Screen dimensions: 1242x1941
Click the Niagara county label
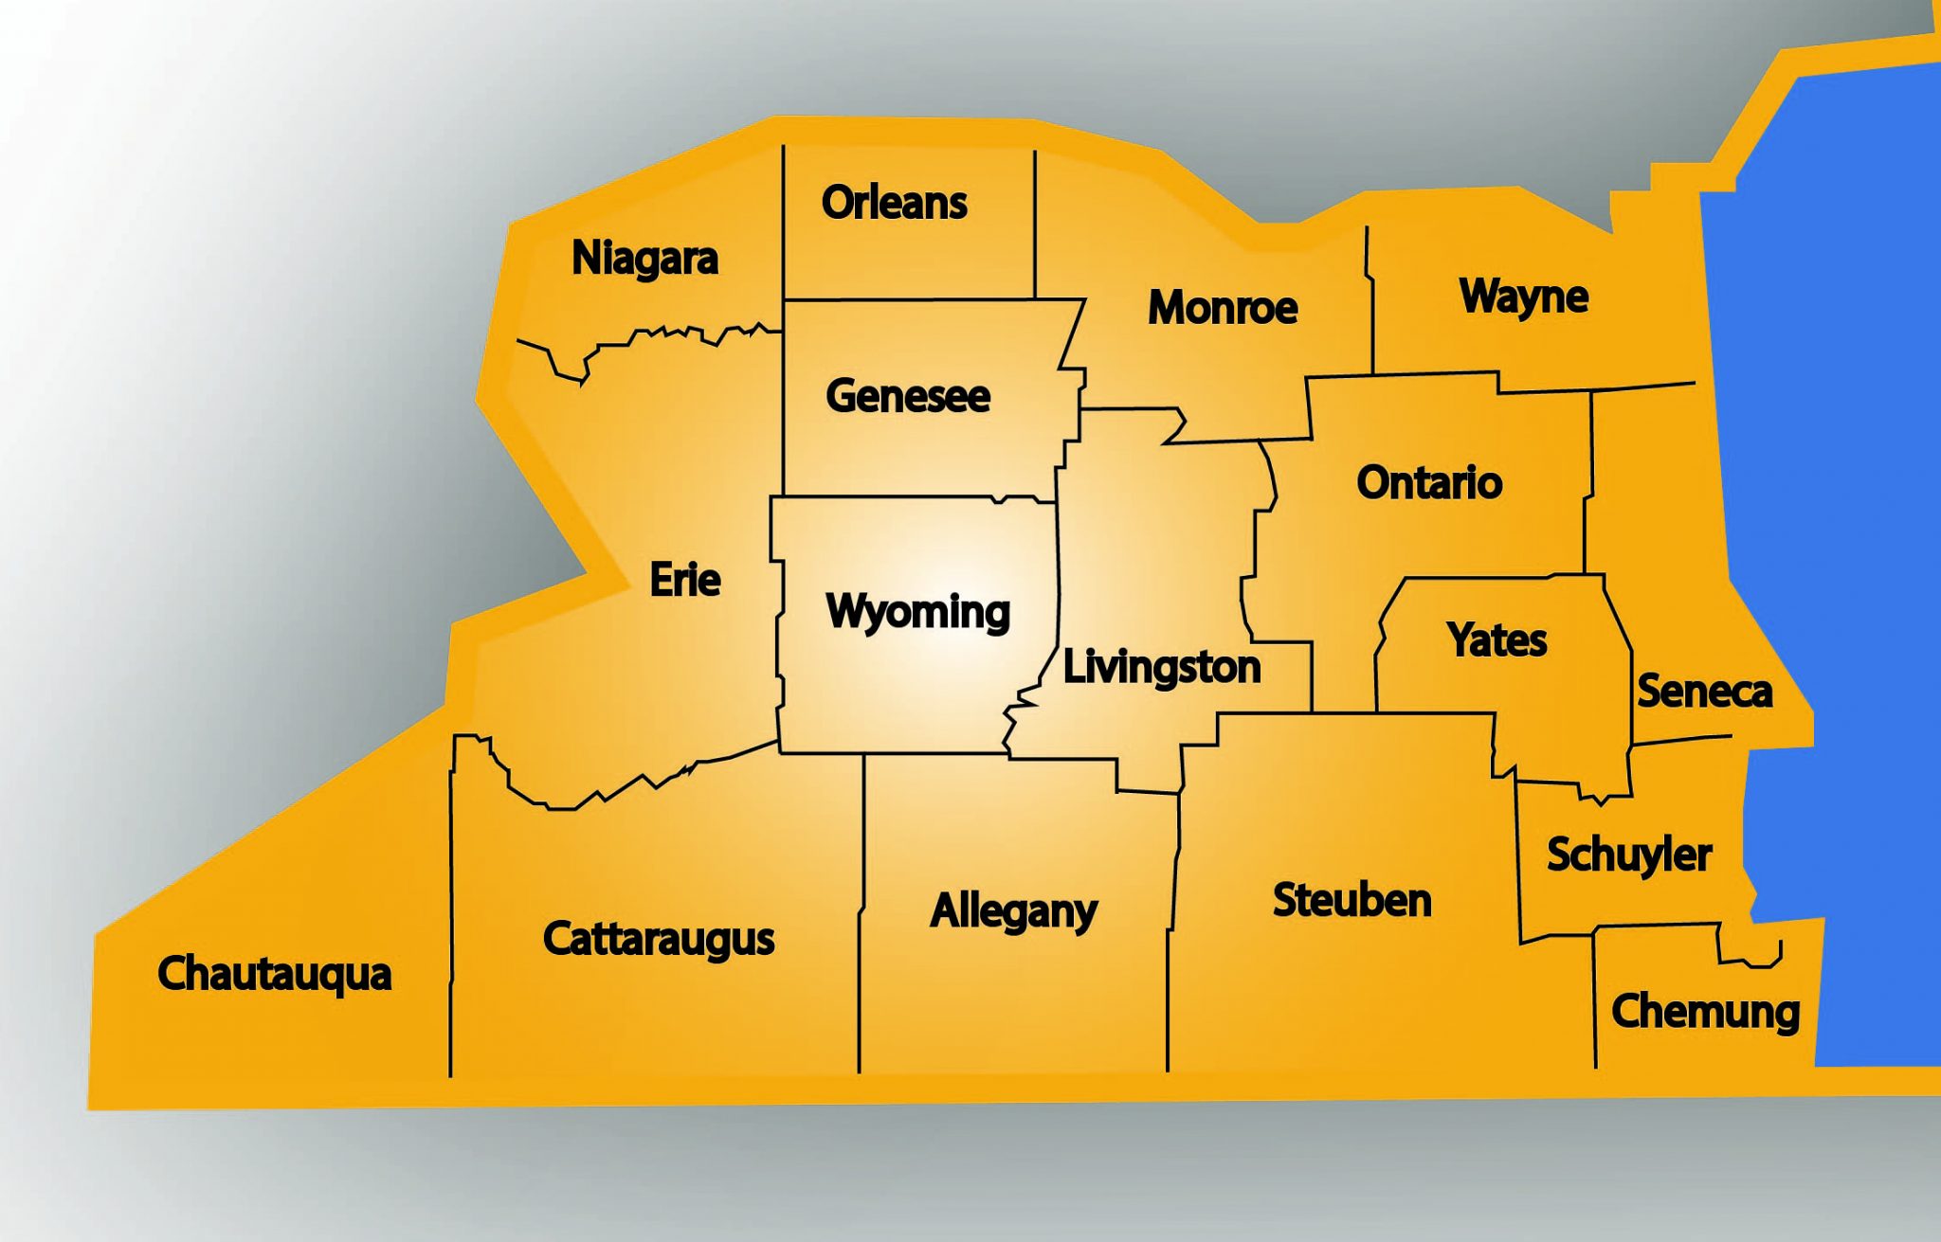[644, 259]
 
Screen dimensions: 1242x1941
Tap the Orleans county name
[894, 203]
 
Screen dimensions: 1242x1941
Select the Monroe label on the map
[1223, 308]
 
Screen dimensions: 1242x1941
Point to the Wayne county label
[1524, 297]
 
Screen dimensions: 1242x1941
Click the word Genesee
[908, 396]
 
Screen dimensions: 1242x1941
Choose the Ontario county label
[1429, 483]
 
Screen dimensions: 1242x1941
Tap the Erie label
[685, 580]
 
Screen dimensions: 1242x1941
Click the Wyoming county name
[917, 612]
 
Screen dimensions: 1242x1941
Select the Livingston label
[1162, 667]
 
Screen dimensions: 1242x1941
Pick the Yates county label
[1497, 640]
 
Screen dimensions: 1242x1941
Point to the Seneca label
[1704, 692]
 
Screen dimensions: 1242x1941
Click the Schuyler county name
[1629, 855]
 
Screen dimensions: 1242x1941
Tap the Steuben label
[1351, 900]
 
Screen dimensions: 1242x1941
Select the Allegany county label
[1013, 911]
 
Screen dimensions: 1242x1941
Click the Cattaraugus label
[659, 939]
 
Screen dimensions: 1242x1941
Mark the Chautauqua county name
[275, 975]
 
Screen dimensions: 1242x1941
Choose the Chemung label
[1705, 1012]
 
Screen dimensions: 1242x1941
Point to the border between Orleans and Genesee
[910, 300]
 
